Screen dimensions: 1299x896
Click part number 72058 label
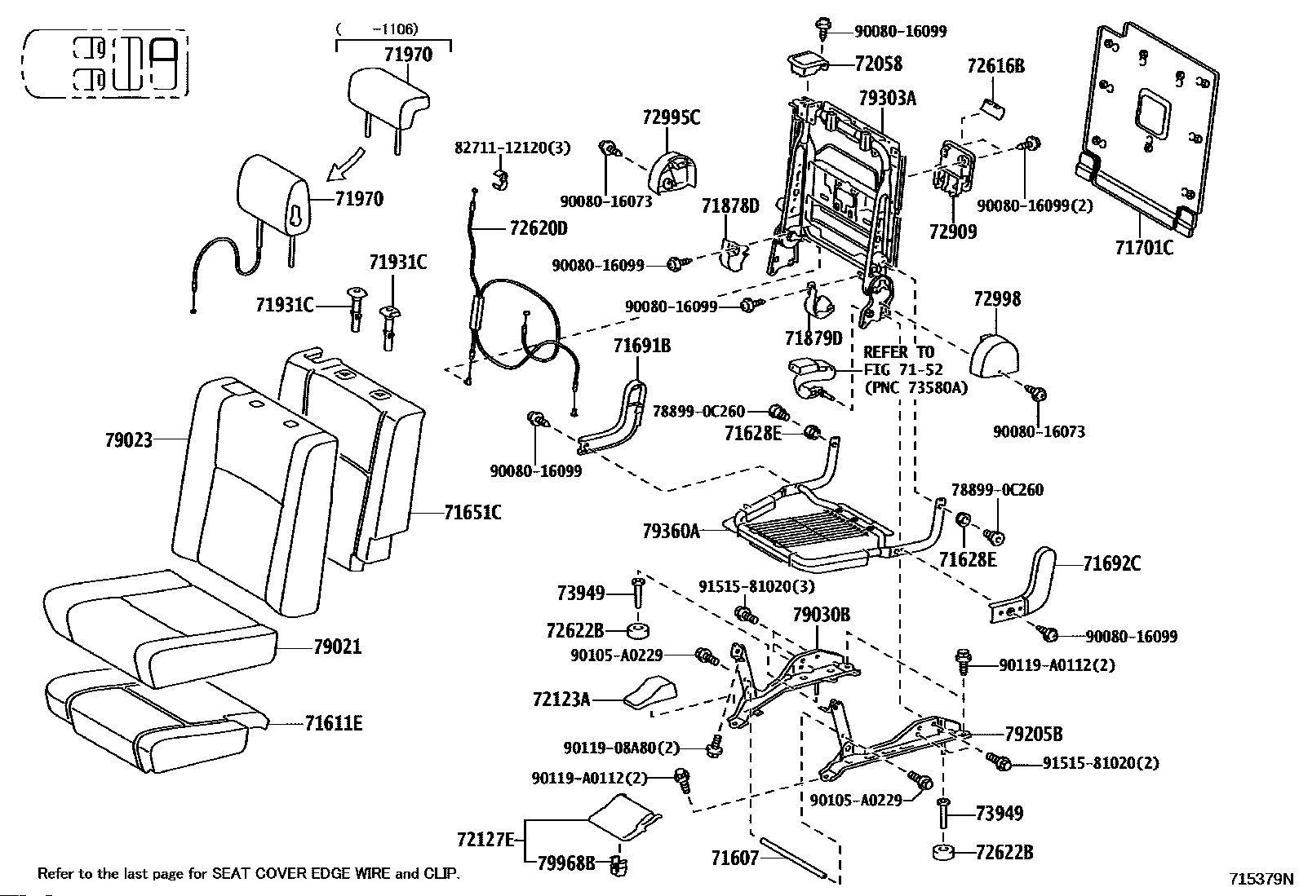[x=879, y=64]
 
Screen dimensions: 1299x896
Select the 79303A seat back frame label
[x=887, y=98]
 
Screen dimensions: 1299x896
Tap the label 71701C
[x=1144, y=248]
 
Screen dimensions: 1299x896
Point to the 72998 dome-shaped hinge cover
[x=995, y=355]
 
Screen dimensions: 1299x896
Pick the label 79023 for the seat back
[x=129, y=440]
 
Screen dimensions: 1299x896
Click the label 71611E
[x=334, y=722]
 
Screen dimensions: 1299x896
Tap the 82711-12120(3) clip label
[x=512, y=148]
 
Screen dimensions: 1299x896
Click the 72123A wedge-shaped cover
[x=650, y=691]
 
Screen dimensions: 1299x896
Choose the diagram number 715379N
[x=1261, y=879]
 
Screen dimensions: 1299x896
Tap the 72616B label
[x=995, y=66]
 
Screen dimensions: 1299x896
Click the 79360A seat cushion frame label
[x=671, y=531]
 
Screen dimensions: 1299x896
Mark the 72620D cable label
[x=539, y=228]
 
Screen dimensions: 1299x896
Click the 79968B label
[x=566, y=863]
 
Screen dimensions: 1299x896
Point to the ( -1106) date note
[x=377, y=29]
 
